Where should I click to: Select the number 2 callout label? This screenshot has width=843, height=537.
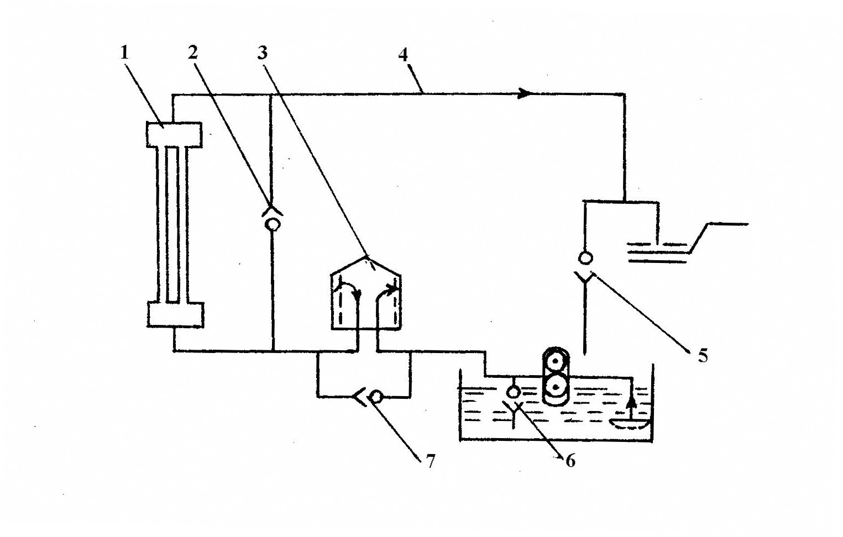tap(192, 52)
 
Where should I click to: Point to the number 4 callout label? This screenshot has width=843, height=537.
tap(403, 55)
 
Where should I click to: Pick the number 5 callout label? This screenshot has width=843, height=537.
tap(703, 355)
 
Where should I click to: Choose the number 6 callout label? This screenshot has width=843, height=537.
tap(570, 460)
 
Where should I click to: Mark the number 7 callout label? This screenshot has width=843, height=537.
tap(430, 460)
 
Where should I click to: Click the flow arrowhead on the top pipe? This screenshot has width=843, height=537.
tap(525, 94)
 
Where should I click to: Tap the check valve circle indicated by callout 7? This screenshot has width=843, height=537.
tap(376, 397)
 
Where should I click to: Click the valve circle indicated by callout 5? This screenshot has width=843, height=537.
tap(585, 257)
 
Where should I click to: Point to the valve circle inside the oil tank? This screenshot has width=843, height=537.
tap(514, 392)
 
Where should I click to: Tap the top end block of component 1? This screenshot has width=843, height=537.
tap(174, 135)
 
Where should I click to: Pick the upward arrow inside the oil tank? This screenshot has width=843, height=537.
tap(631, 408)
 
